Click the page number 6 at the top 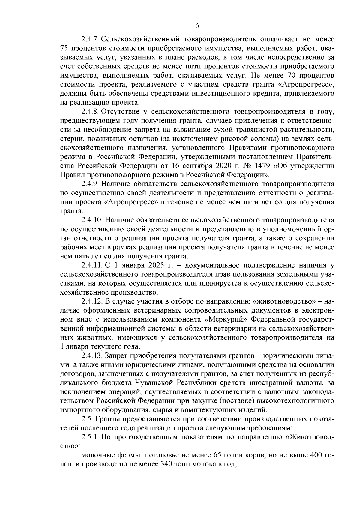click(x=197, y=26)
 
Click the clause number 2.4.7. click(x=90, y=39)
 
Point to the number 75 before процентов click(x=64, y=48)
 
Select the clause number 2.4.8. click(x=90, y=112)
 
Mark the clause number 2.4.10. click(x=91, y=220)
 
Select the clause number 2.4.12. click(x=91, y=301)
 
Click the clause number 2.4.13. click(x=91, y=355)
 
